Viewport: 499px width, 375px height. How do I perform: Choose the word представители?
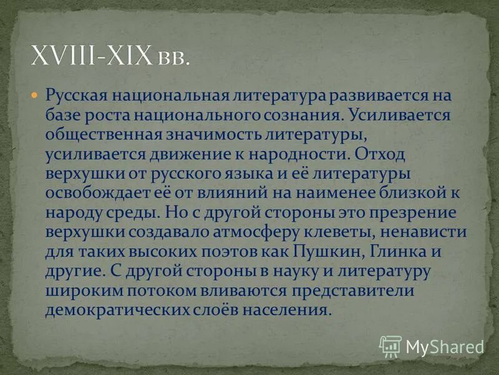[357, 290]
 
